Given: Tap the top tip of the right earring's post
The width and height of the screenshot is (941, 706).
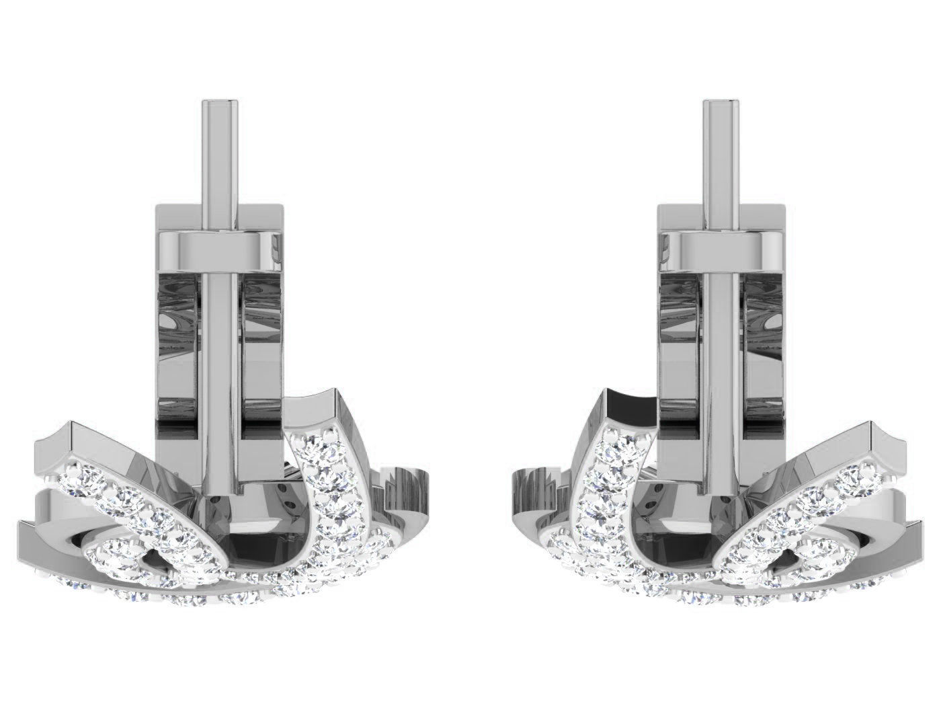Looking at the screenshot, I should (x=721, y=103).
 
